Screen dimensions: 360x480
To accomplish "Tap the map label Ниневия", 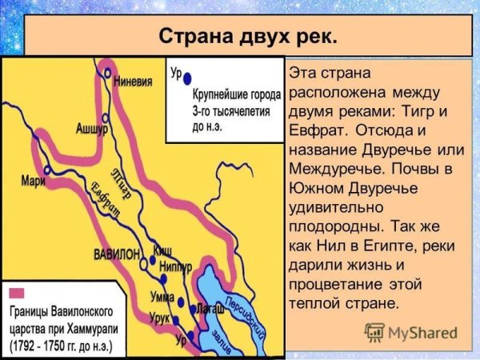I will click(134, 80).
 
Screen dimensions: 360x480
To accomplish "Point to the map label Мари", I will click(34, 180).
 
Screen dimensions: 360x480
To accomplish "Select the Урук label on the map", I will click(162, 318).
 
